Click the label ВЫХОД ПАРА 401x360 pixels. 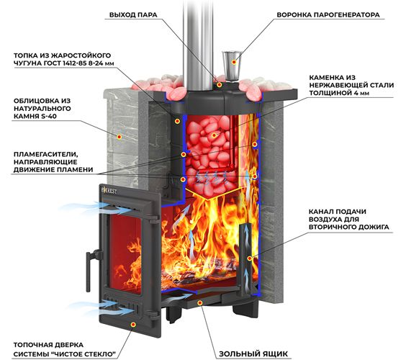tap(133, 15)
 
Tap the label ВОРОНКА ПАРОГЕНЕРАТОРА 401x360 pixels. tap(328, 15)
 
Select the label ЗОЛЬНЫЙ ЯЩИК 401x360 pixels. tap(253, 354)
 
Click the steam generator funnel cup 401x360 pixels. tap(232, 66)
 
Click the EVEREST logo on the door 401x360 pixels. tap(109, 191)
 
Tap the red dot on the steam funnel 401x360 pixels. tap(233, 62)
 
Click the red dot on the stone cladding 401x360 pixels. tap(119, 137)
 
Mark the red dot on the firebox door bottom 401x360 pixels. tap(133, 324)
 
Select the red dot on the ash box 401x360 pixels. tap(200, 302)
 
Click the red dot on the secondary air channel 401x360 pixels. tap(250, 258)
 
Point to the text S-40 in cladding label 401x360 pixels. tap(49, 116)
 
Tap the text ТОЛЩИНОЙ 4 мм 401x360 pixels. tap(339, 93)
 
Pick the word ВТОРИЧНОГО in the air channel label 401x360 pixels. tap(330, 227)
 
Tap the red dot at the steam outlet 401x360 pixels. tap(220, 85)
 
